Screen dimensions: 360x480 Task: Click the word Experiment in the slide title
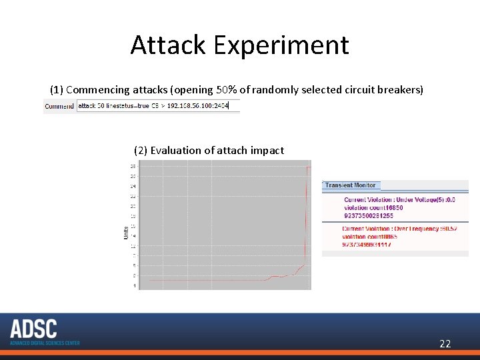(280, 45)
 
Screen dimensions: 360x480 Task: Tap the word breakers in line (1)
(402, 89)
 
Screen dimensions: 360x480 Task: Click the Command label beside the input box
(59, 106)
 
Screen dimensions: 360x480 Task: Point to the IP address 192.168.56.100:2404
(197, 106)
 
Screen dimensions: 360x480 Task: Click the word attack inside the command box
(87, 106)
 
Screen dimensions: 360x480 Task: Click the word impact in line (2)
(267, 151)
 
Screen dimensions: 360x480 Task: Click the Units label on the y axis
(126, 232)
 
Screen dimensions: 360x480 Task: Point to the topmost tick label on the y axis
(133, 166)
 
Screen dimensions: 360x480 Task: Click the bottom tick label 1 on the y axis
(134, 285)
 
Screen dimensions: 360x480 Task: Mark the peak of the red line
(307, 167)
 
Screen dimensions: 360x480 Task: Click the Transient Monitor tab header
(351, 185)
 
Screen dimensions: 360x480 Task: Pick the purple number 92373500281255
(369, 215)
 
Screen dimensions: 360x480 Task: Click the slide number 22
(445, 344)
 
